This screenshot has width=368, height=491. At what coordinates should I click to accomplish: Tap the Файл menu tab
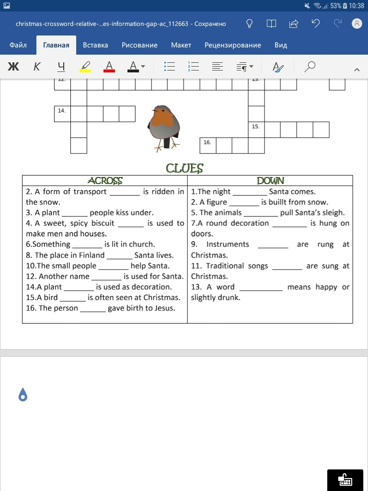(x=18, y=45)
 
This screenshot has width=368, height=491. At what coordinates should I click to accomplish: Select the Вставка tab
(x=95, y=45)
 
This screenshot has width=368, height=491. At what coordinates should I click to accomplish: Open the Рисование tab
(x=139, y=45)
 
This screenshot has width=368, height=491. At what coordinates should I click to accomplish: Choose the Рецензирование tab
(x=232, y=45)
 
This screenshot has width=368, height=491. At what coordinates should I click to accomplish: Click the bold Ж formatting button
(x=13, y=67)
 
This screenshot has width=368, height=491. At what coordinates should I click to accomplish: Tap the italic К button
(x=37, y=67)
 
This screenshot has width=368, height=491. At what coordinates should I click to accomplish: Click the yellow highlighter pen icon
(x=85, y=67)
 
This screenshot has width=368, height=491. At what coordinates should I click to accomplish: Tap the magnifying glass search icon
(x=310, y=67)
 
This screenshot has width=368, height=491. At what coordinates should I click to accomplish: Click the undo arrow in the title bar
(x=315, y=23)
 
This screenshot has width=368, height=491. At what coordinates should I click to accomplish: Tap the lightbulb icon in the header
(x=249, y=23)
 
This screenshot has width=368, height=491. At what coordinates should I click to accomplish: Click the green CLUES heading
(x=184, y=168)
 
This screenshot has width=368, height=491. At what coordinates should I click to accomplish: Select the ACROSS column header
(x=105, y=181)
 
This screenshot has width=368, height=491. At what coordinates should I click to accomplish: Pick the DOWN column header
(x=270, y=181)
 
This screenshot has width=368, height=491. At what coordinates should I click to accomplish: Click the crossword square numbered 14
(x=62, y=114)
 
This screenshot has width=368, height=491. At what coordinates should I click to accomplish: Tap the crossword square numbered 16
(x=208, y=145)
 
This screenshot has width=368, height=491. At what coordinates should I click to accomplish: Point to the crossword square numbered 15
(x=256, y=129)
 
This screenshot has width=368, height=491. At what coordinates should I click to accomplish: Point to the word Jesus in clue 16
(x=163, y=308)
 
